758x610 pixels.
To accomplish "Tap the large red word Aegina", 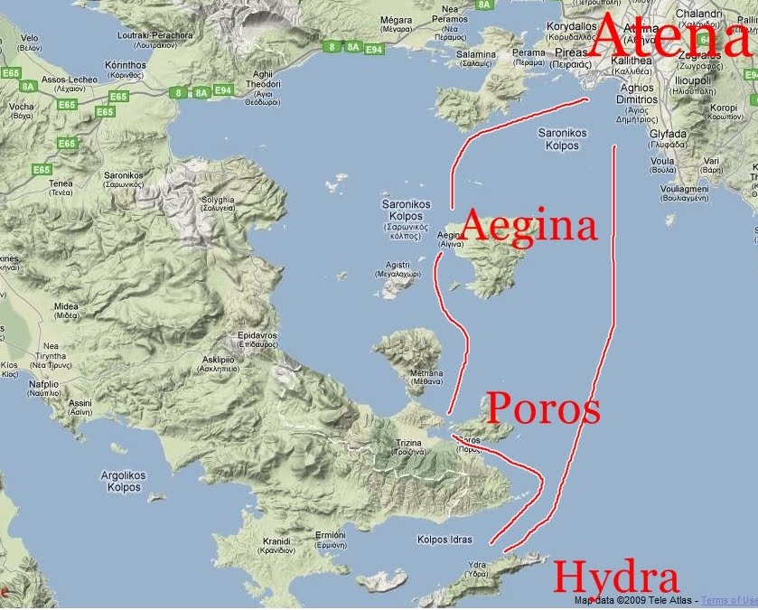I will coord(529,226).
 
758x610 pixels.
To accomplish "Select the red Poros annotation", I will coord(542,409).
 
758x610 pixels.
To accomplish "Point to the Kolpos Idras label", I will coord(445,540).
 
